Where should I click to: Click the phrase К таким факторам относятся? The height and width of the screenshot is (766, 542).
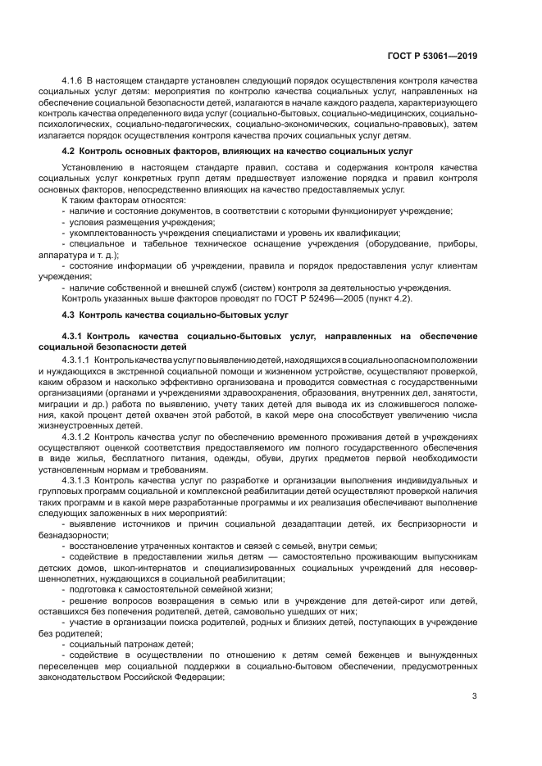124,200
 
